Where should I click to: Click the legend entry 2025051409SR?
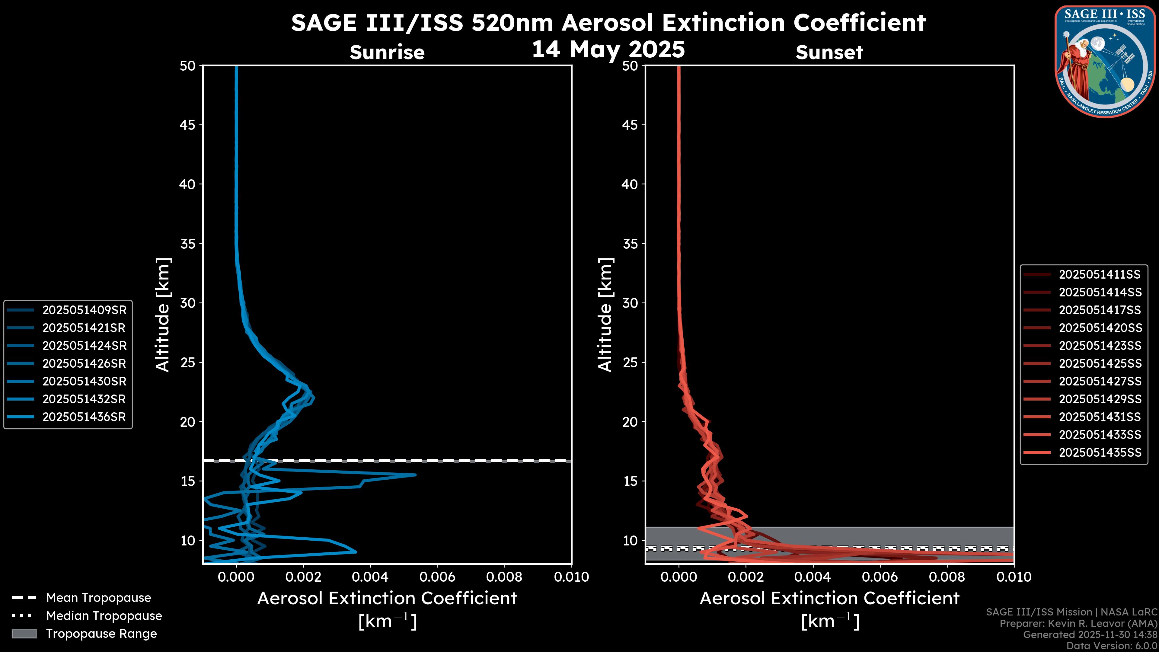[x=84, y=310]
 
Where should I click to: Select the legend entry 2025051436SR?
[x=84, y=417]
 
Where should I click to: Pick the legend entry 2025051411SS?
[x=1100, y=274]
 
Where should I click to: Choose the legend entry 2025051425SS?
[x=1100, y=363]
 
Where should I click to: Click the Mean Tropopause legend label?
[x=98, y=598]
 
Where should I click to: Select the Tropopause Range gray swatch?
[x=24, y=634]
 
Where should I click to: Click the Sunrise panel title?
[x=387, y=52]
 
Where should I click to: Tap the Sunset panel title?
[x=829, y=52]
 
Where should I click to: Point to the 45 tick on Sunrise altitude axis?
[x=188, y=125]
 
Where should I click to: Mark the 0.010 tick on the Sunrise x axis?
[x=571, y=577]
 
